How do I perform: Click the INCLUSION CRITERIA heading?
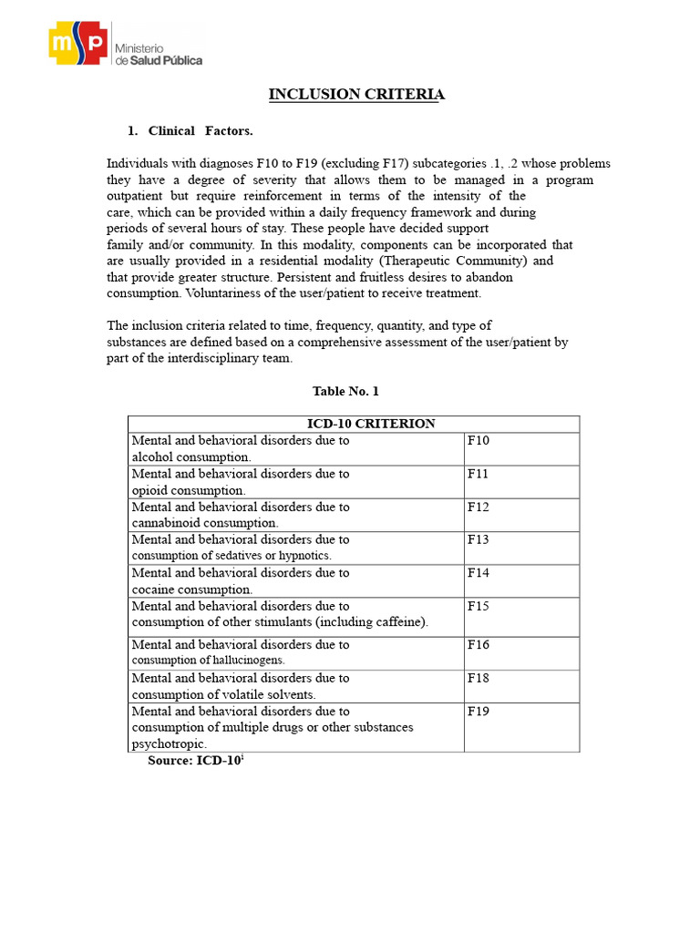coord(356,95)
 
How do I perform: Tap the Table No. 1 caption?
coord(345,391)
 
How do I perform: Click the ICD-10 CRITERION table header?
coord(354,424)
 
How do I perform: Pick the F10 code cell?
coord(479,441)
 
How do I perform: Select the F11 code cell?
coord(479,474)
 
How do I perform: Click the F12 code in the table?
coord(479,507)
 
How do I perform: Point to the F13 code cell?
coord(479,539)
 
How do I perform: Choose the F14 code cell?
coord(479,573)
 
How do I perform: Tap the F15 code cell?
coord(479,606)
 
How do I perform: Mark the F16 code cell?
coord(479,644)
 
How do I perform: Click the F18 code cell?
coord(479,678)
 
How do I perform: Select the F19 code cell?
coord(479,712)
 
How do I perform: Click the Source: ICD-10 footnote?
coord(196,761)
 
